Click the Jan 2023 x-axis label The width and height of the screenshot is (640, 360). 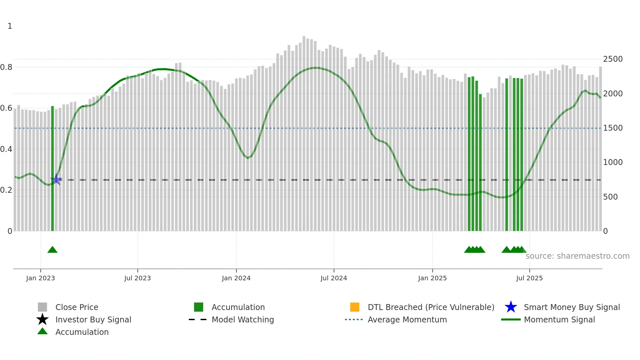point(40,278)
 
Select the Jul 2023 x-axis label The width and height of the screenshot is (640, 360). point(137,278)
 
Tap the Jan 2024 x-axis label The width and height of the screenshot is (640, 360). point(236,278)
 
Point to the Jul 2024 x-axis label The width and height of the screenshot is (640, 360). point(334,278)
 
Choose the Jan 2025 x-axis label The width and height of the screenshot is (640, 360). point(432,278)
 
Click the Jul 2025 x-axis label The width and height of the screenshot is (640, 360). point(529,278)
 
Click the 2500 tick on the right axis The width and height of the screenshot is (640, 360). point(613,59)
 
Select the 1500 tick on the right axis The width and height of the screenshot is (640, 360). point(613,128)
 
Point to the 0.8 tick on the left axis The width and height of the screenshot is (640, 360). point(6,67)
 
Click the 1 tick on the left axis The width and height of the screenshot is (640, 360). point(10,26)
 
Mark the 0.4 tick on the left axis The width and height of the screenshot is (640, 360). point(6,149)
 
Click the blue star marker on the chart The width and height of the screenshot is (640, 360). point(56,179)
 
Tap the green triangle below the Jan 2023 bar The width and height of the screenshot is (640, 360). point(52,250)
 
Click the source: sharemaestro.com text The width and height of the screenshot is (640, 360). point(577,256)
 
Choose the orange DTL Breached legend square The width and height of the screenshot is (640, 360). point(355,307)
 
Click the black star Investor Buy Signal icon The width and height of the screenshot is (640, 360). point(42,319)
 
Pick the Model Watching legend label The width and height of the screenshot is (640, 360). point(243,319)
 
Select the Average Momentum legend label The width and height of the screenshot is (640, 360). point(407,319)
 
